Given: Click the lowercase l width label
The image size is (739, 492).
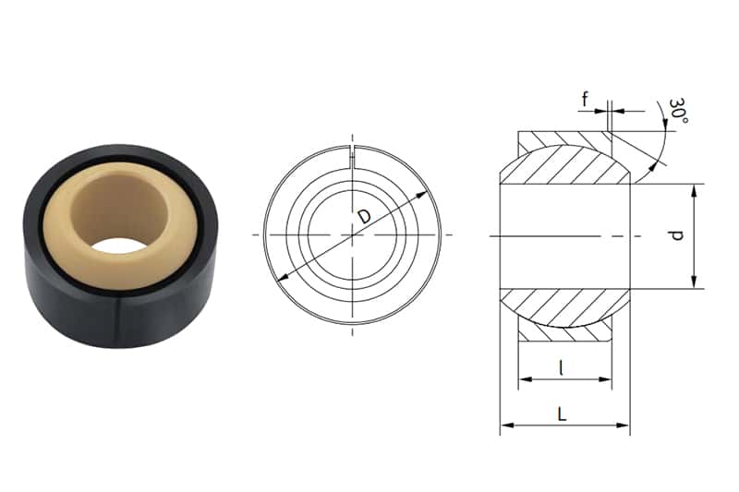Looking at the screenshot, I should [563, 367].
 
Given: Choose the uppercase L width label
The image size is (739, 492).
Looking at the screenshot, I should [562, 414].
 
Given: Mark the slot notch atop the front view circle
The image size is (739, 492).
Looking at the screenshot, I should [352, 154].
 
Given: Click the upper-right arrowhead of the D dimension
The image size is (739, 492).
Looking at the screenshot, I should [425, 195].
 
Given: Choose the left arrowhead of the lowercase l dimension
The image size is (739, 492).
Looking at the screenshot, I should [523, 378].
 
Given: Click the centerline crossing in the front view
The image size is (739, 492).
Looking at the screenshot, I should [352, 235].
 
